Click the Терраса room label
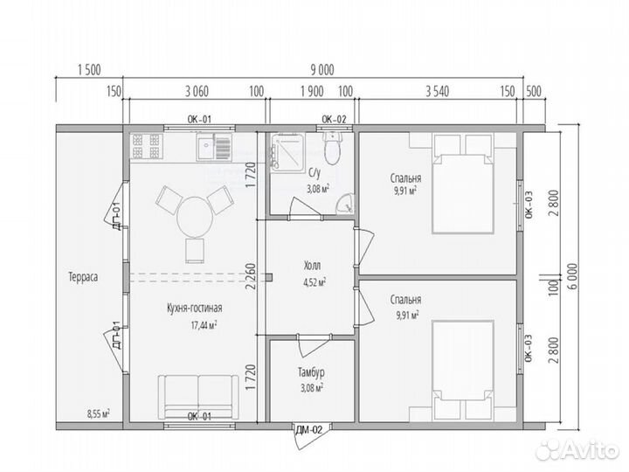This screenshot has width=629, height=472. [83, 277]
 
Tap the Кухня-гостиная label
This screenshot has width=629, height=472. [195, 309]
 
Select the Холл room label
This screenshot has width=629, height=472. [312, 266]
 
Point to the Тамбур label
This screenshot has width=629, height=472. [311, 372]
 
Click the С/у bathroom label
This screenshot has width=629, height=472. [314, 173]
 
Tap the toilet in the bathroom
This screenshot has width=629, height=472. [333, 148]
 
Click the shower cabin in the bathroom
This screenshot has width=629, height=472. [287, 153]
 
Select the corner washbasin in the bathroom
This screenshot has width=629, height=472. [344, 203]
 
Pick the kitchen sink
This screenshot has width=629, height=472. [214, 147]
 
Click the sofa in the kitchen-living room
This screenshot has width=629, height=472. [197, 398]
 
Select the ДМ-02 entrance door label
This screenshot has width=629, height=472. [309, 431]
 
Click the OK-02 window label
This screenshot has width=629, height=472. [334, 119]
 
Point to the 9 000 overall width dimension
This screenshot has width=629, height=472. [322, 70]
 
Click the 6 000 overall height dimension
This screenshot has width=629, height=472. [572, 276]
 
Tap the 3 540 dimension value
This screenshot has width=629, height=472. [438, 92]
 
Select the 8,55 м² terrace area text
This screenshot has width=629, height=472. [99, 413]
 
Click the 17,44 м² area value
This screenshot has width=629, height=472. [204, 324]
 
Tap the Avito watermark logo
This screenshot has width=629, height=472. [578, 449]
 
